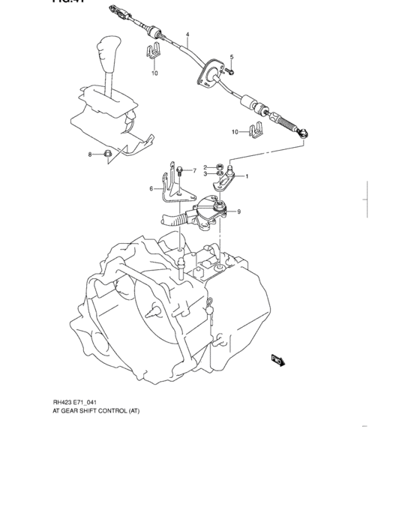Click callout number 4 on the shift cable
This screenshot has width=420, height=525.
point(187,35)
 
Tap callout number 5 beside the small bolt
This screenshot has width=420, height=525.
point(232,58)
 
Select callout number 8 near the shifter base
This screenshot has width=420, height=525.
point(90,154)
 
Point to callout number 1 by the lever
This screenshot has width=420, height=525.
point(247,176)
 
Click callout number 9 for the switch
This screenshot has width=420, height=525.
point(238,211)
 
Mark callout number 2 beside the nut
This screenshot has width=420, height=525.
point(204,166)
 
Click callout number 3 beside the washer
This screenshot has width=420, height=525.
point(204,174)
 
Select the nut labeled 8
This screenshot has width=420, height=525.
point(107,154)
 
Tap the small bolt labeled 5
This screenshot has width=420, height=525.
point(231,71)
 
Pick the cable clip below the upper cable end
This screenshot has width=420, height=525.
point(152,54)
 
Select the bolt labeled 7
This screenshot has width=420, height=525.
point(181,170)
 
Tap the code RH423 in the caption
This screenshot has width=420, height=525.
point(64,402)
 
